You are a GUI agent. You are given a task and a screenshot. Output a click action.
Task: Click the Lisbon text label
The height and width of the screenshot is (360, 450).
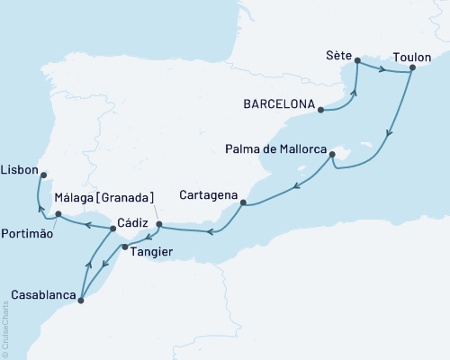[20, 168]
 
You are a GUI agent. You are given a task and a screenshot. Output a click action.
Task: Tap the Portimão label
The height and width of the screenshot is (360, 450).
[28, 233]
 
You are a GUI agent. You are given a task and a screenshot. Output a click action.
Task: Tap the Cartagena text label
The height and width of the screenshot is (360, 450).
[208, 195]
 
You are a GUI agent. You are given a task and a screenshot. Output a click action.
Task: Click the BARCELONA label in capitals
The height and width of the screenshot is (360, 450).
[276, 104]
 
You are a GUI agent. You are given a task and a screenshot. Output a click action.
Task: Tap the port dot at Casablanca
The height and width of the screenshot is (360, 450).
[81, 301]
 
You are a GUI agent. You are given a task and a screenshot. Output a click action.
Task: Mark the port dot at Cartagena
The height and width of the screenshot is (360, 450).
[243, 204]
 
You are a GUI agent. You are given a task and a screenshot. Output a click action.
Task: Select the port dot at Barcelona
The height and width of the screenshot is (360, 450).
[319, 111]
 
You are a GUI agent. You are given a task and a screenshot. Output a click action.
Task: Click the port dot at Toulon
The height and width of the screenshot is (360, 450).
[412, 67]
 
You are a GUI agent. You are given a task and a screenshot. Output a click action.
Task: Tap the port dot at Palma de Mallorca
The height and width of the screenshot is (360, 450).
[332, 155]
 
